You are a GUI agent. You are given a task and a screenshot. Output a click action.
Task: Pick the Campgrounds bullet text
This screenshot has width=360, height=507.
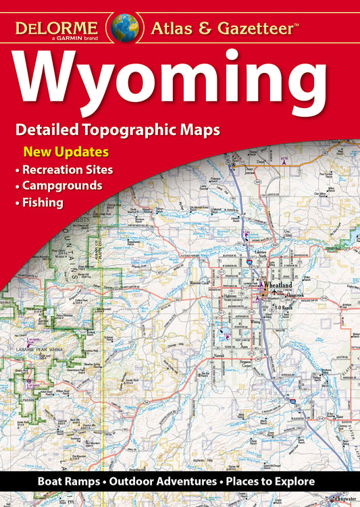click(x=62, y=184)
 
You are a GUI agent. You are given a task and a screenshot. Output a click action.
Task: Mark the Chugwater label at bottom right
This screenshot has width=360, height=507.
click(x=346, y=500)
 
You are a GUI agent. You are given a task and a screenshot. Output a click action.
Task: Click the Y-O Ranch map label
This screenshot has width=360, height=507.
click(x=280, y=304)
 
